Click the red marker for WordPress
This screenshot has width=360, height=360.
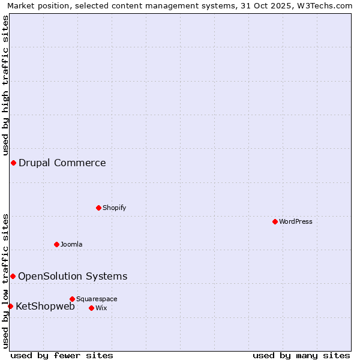275,221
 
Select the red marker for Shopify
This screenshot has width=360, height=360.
98,208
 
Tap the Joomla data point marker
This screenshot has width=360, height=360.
56,244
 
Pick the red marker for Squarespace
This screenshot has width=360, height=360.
72,299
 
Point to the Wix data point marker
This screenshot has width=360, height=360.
91,308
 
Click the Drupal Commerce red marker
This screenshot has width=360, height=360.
13,163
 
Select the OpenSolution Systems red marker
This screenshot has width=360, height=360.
13,276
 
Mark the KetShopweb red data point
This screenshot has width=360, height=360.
10,306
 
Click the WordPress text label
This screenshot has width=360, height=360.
296,221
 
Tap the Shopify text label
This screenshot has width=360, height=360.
114,208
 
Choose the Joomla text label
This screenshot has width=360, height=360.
71,244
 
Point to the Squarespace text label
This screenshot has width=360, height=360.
97,299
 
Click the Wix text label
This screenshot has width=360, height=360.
101,308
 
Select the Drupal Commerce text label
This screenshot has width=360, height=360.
62,163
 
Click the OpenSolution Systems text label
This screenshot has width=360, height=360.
73,276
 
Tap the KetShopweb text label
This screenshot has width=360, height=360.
45,306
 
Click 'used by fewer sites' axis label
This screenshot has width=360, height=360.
62,355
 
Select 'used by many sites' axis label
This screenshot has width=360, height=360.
301,355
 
